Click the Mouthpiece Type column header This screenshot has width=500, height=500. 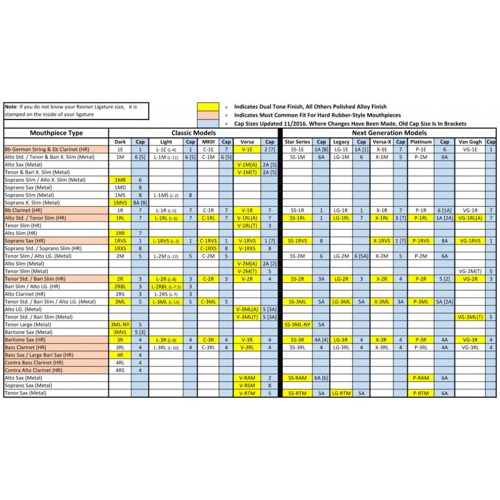[x=56, y=133]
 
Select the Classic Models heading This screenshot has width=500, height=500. [x=193, y=133]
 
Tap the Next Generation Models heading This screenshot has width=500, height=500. [x=389, y=133]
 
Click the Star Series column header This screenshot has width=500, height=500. [x=297, y=142]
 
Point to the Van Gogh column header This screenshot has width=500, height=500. [x=471, y=142]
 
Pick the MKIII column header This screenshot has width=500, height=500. [x=209, y=142]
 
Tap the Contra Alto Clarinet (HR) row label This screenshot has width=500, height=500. [x=34, y=370]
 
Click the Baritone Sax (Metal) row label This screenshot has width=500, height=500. [x=28, y=332]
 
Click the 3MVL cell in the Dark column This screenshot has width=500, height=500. [x=120, y=332]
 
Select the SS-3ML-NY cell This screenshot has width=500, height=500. [x=297, y=324]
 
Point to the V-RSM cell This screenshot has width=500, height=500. [x=247, y=385]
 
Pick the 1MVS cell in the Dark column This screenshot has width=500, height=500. [x=120, y=203]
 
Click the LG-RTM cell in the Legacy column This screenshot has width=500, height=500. [x=341, y=393]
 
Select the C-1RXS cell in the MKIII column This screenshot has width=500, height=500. [x=209, y=248]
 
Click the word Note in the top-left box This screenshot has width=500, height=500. [x=11, y=106]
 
